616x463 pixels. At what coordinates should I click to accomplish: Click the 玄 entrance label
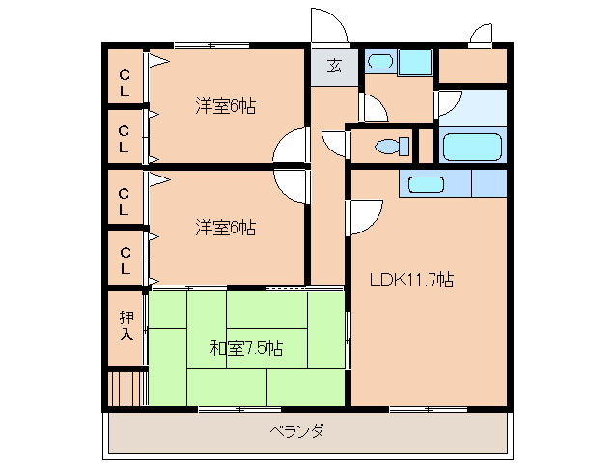(334, 67)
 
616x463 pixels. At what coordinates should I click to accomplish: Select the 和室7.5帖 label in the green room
(246, 347)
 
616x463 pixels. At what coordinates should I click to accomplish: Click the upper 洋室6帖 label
(226, 105)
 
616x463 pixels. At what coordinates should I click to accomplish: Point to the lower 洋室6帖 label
(226, 228)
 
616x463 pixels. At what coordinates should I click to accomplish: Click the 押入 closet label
(126, 325)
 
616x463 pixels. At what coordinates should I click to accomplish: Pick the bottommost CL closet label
(125, 259)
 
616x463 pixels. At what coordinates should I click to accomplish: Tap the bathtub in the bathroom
(472, 147)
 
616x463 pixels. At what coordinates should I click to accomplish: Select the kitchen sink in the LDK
(426, 183)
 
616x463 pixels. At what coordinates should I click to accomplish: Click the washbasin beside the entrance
(380, 63)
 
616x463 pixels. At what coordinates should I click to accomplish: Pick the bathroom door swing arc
(448, 103)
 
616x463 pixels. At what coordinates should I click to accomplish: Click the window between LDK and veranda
(428, 410)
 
